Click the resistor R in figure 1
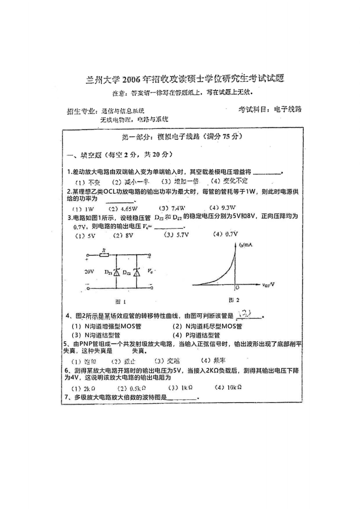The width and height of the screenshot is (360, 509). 104,255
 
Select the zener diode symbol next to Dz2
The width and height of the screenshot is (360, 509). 137,272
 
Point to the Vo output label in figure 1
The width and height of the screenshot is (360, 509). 150,271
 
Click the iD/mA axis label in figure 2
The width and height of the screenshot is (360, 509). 246,245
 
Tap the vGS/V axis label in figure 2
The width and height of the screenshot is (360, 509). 268,284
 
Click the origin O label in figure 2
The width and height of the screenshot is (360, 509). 237,288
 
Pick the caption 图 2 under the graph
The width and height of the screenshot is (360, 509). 234,300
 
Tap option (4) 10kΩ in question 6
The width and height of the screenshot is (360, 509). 228,387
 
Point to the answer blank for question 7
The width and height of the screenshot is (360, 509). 182,398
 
